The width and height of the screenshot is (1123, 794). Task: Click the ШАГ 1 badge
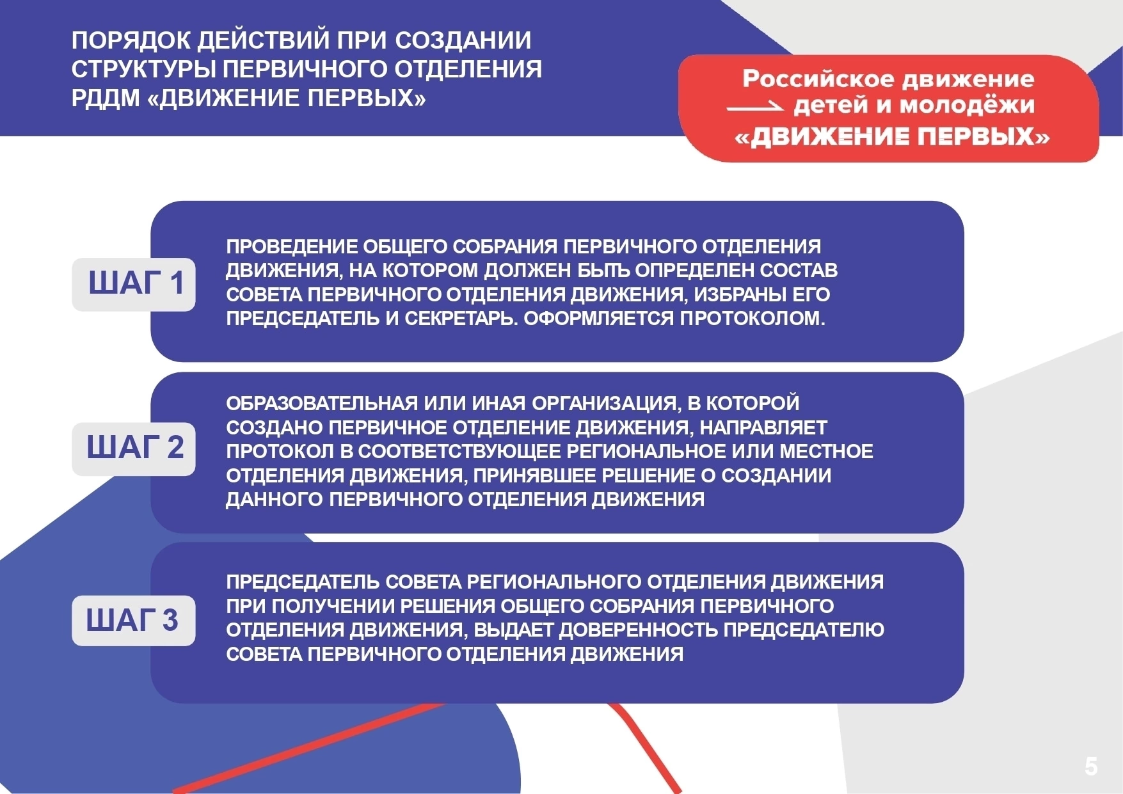[x=134, y=285]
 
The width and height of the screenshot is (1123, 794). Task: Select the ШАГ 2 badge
[x=134, y=449]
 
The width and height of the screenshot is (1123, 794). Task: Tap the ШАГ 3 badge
[x=134, y=621]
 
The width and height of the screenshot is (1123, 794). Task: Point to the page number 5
[x=1091, y=766]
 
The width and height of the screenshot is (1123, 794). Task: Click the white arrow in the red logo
[x=755, y=107]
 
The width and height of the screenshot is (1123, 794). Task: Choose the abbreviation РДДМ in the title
[x=106, y=99]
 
